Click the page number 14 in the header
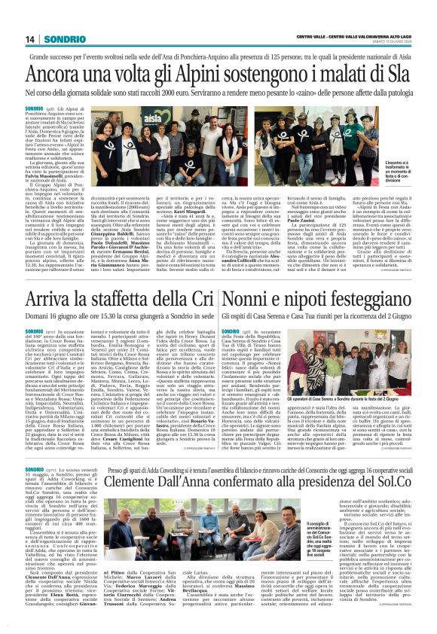pos(32,38)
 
